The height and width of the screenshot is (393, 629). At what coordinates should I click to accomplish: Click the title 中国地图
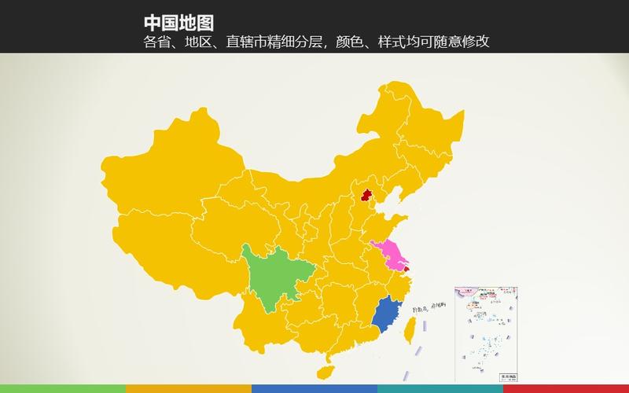tap(178, 23)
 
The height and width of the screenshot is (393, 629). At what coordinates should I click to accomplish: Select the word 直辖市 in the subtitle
tap(246, 42)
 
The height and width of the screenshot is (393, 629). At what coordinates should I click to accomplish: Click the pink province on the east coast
tap(390, 255)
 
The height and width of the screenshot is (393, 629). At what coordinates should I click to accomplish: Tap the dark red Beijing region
tap(366, 195)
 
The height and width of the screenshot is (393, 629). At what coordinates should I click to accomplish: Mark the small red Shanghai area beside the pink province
tap(406, 269)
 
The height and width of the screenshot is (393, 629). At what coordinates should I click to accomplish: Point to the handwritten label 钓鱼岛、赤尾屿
tap(429, 307)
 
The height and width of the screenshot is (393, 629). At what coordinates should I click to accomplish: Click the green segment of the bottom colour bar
tap(63, 388)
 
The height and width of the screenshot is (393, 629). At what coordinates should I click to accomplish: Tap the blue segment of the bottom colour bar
tap(314, 388)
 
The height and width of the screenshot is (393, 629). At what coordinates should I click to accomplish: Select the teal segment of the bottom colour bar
tap(440, 388)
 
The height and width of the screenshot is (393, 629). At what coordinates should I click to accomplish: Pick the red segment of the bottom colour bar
tap(566, 388)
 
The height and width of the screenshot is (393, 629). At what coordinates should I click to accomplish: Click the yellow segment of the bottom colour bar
tap(189, 388)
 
